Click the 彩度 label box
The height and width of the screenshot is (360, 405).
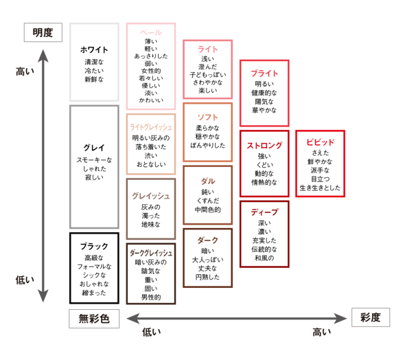click(370, 317)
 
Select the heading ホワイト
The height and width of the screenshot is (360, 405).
click(94, 49)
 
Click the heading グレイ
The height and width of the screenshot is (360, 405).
click(94, 148)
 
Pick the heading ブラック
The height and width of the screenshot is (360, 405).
click(94, 246)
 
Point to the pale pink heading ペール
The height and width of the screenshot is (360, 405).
click(151, 32)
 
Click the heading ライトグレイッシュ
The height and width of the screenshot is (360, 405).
click(151, 127)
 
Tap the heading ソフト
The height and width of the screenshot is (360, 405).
click(208, 116)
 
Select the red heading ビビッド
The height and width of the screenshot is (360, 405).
click(320, 142)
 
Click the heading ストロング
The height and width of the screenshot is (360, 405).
click(264, 145)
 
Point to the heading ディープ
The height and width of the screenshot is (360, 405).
click(264, 212)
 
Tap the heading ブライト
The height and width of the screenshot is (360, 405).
click(264, 73)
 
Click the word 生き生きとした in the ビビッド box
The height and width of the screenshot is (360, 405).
click(320, 187)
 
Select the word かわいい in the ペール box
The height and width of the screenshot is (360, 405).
click(151, 100)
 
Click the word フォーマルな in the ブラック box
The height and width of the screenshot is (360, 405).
click(94, 266)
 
